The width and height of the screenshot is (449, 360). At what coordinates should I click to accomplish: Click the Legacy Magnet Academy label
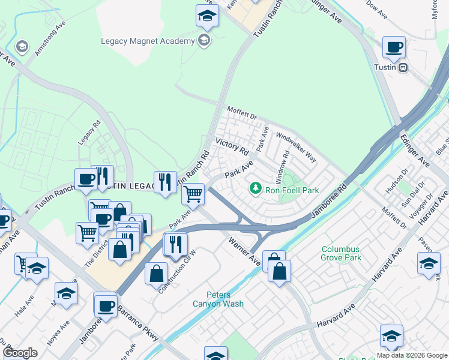(148, 41)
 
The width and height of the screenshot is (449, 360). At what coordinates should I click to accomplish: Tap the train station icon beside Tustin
(404, 67)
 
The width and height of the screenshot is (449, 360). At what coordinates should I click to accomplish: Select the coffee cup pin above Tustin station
(394, 47)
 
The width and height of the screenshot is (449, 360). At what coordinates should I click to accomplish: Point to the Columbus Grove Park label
(341, 253)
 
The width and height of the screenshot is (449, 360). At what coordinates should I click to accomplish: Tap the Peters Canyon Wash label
(225, 299)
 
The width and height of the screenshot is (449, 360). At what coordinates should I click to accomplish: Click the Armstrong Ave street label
(50, 40)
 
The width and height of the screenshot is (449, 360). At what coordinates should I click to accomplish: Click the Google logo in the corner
(20, 353)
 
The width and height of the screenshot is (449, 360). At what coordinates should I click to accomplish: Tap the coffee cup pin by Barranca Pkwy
(105, 305)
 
